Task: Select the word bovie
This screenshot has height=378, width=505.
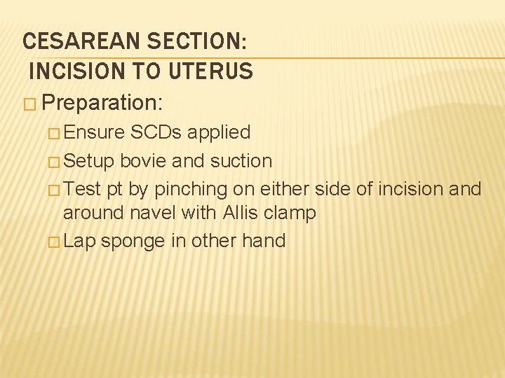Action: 143,160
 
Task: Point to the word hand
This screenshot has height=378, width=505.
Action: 263,241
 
